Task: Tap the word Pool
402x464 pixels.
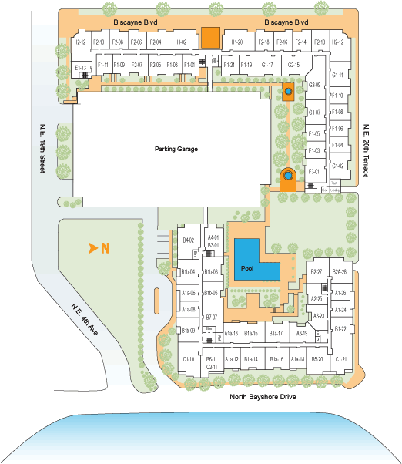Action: click(x=246, y=268)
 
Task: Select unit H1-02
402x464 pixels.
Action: click(x=180, y=42)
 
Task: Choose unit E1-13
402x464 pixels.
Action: click(x=80, y=69)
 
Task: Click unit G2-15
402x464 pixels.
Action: click(x=293, y=66)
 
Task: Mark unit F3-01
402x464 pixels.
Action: click(x=313, y=172)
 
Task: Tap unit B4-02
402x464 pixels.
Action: click(x=188, y=240)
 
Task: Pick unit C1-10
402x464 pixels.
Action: click(x=189, y=360)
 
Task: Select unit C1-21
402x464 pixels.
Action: click(x=341, y=360)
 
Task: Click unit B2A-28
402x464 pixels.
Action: click(x=340, y=272)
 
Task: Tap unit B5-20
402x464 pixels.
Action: click(x=317, y=360)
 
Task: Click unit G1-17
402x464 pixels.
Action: click(x=267, y=66)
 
